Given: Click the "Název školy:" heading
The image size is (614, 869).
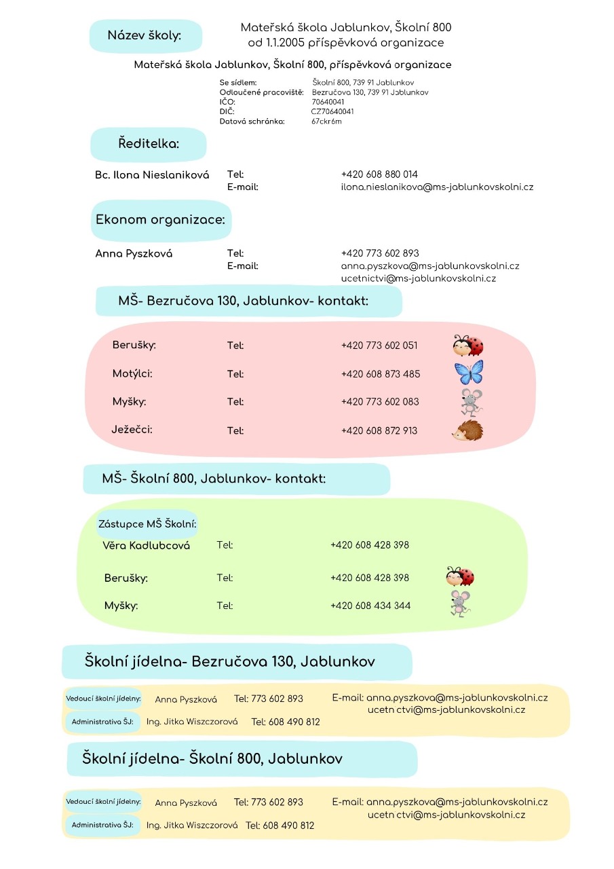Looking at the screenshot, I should click(x=145, y=35).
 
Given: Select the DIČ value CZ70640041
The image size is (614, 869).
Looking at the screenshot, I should click(x=332, y=111).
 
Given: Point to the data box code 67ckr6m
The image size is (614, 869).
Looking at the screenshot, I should click(x=327, y=122).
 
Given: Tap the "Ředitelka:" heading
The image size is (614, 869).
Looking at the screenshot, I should click(x=149, y=144).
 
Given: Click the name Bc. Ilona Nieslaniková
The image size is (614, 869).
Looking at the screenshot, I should click(x=152, y=175).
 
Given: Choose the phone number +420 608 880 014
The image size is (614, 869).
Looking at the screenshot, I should click(x=379, y=174).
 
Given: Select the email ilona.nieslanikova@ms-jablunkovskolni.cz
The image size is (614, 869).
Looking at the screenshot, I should click(x=437, y=187).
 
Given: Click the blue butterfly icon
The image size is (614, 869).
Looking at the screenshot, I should click(x=469, y=373).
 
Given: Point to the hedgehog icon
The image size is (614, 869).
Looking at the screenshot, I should click(x=467, y=430).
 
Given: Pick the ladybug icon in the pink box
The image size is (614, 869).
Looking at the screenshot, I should click(x=468, y=346).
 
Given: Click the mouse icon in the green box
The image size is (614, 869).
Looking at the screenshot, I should click(x=461, y=604).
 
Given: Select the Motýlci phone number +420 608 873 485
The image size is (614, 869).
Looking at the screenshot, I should click(x=381, y=374).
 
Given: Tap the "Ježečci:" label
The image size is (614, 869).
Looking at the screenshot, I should click(x=132, y=429).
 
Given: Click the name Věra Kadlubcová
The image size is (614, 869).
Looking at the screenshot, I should click(x=146, y=546).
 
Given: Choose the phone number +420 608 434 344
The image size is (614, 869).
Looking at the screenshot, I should click(x=370, y=606).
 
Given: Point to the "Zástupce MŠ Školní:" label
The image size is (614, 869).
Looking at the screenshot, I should click(x=147, y=524).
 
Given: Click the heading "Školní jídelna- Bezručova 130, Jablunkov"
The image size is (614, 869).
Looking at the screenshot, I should click(x=230, y=661).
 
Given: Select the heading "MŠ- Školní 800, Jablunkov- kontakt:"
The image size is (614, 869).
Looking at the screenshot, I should click(x=214, y=479).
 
